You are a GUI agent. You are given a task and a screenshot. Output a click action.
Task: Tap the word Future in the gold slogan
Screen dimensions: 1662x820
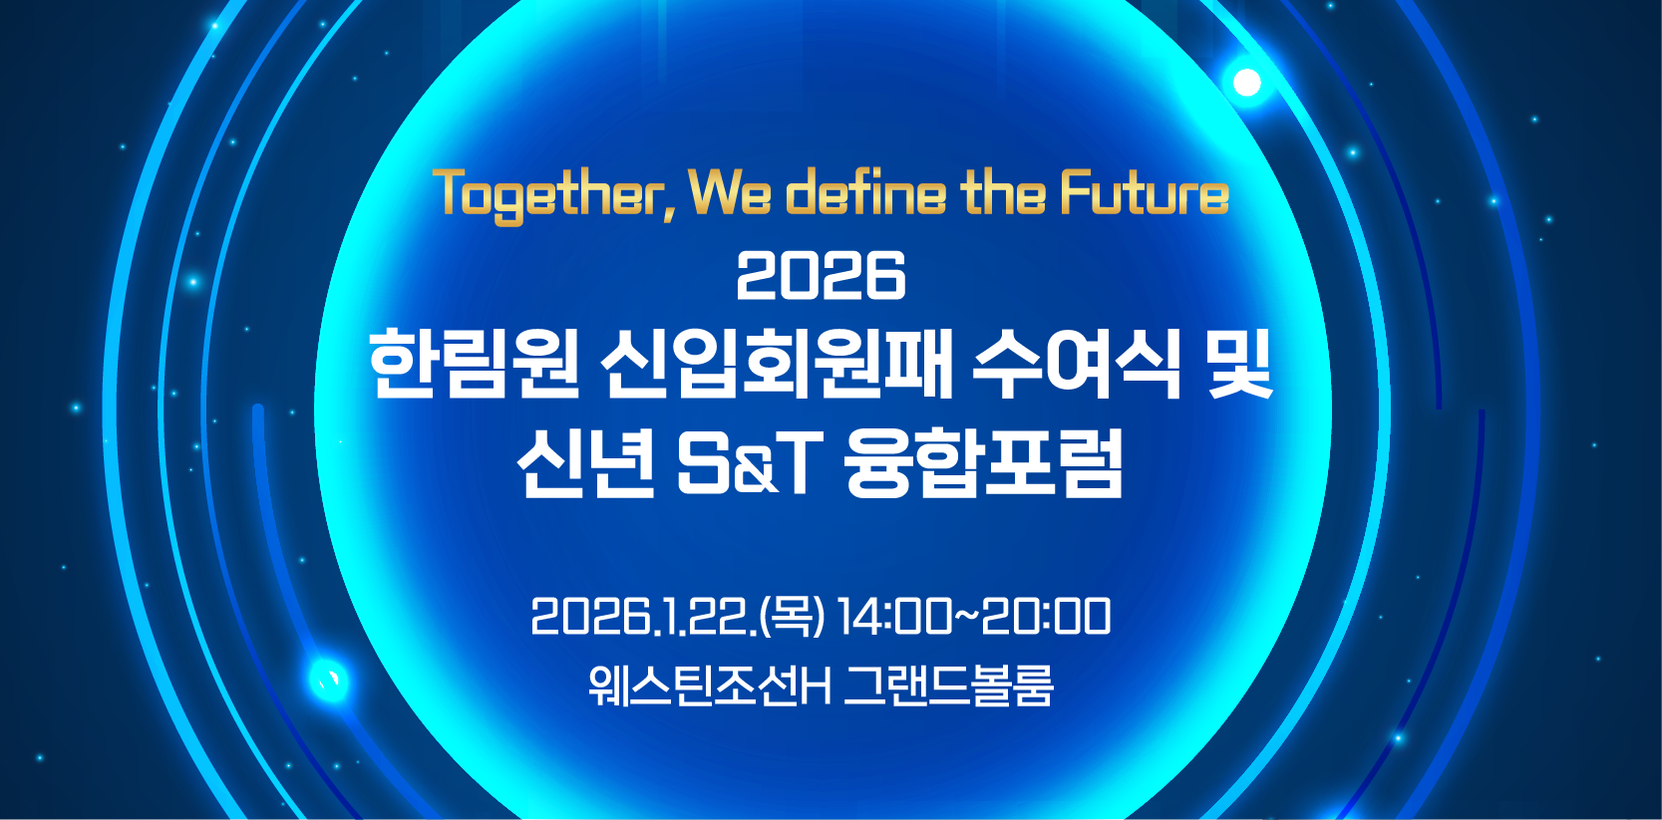(1145, 192)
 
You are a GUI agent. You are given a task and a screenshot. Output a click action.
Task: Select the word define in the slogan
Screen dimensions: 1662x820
(865, 192)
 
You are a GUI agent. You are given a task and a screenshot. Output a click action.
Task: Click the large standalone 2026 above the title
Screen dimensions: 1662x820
(821, 275)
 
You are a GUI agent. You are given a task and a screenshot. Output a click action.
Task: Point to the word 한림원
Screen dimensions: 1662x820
(474, 365)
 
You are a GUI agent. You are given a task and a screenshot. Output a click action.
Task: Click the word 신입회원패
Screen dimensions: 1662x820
(776, 365)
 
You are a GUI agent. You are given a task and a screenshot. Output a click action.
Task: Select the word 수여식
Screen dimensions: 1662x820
(1076, 365)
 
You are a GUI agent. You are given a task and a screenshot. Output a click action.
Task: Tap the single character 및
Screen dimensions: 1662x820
(1237, 365)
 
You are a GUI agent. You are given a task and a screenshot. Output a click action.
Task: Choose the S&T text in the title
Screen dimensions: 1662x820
(750, 465)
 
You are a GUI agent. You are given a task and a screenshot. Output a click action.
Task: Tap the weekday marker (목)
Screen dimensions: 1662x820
(794, 617)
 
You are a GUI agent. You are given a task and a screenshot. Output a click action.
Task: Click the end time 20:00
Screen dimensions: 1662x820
(1046, 617)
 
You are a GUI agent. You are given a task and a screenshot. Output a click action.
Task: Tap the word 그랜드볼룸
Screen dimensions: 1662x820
(948, 685)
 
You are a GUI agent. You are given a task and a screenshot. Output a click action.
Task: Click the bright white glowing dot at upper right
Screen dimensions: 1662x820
(1246, 83)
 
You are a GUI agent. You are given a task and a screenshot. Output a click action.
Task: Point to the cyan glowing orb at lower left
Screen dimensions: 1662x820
(329, 680)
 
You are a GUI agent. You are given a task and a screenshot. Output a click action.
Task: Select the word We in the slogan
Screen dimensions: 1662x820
(730, 192)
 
